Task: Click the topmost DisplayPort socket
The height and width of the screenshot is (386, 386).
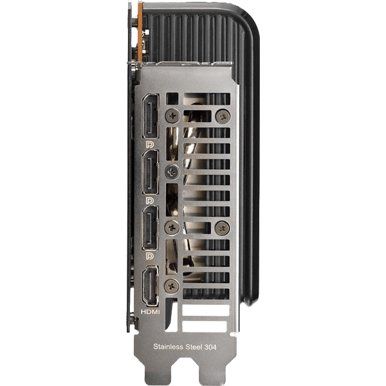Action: [151, 116]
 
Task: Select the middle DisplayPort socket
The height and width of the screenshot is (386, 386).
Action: [151, 172]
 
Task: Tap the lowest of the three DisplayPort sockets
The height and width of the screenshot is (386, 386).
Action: [151, 228]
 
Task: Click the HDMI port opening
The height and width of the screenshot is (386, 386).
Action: [151, 286]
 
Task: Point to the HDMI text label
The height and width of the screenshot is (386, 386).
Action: [150, 312]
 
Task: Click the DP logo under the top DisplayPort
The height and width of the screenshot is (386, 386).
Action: [150, 145]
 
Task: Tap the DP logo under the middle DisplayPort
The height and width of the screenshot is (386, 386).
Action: [150, 201]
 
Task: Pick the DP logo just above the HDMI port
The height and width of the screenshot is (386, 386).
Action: [150, 256]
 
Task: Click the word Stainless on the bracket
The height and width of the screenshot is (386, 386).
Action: [169, 347]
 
